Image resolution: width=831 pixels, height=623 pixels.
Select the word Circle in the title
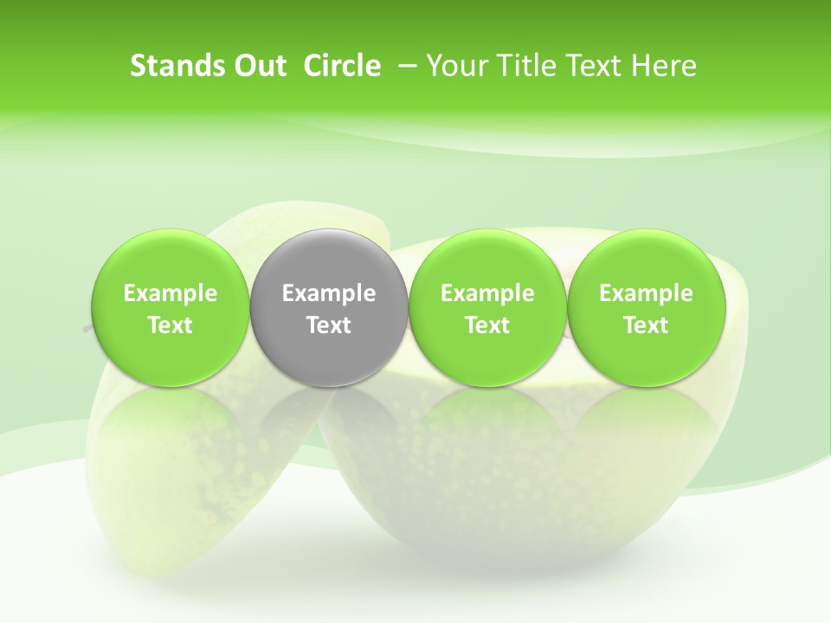[x=342, y=66]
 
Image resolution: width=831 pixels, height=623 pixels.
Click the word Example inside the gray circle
[x=329, y=293]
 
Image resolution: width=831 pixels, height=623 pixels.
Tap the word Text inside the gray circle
[x=329, y=325]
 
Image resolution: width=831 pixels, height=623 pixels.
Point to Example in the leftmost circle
[x=171, y=293]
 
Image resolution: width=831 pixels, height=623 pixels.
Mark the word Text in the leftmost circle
[x=171, y=325]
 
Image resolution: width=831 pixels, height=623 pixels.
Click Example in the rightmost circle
[x=646, y=293]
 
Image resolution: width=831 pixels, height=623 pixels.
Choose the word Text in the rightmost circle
[x=646, y=325]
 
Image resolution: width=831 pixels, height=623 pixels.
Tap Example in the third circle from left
[x=487, y=293]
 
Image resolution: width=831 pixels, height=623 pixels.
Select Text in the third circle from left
[x=487, y=325]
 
